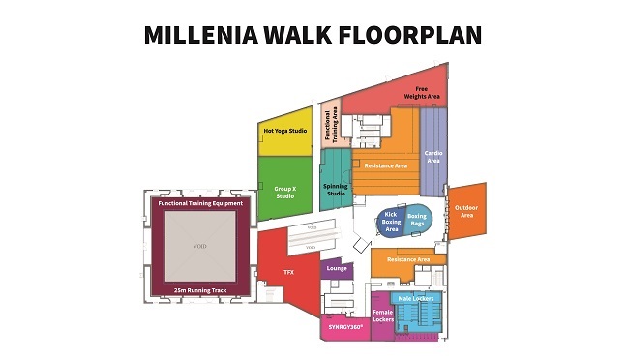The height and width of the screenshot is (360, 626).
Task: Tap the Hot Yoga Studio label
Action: coord(285,131)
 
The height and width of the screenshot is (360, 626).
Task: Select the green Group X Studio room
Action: coord(284,192)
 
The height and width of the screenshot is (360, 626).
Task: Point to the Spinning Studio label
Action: coord(335,189)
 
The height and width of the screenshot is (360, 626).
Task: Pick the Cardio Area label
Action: coord(433,156)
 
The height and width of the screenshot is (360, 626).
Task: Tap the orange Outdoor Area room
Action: coord(466,210)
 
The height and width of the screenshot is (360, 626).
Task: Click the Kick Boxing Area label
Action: coord(393,223)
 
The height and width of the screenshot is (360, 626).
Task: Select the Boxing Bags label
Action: coord(417,220)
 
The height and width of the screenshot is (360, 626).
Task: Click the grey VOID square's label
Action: coord(200,246)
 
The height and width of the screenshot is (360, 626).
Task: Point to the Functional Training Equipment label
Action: coord(200,203)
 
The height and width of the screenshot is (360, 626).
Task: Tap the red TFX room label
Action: coord(287,273)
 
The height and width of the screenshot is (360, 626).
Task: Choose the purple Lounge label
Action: coord(337,267)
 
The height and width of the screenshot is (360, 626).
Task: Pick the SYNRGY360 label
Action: coord(343,327)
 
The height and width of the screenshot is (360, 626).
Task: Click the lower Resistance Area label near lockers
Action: coord(408,259)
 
